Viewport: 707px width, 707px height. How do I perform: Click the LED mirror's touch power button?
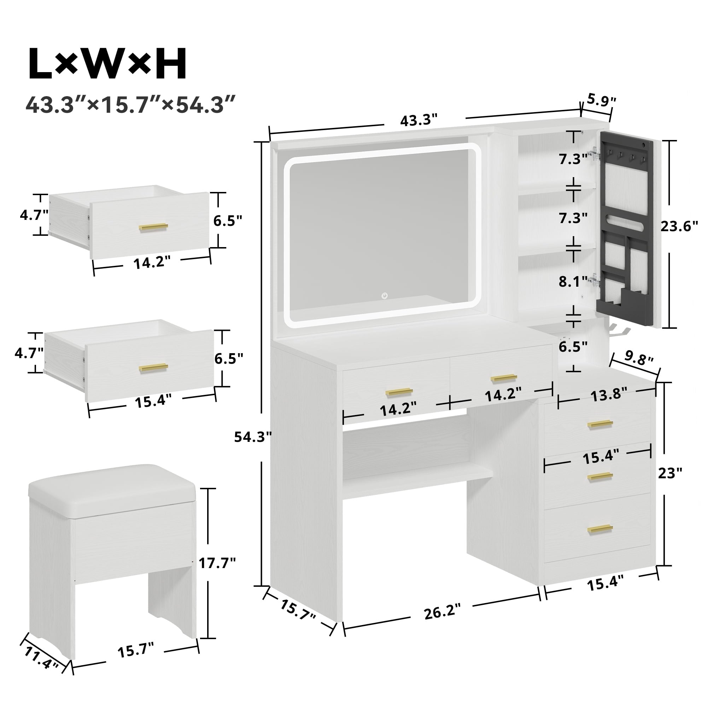(x=385, y=296)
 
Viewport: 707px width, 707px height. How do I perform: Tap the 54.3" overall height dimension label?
(x=253, y=437)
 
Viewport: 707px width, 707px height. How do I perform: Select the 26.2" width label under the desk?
(x=442, y=612)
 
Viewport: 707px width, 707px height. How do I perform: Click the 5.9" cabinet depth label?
(x=602, y=100)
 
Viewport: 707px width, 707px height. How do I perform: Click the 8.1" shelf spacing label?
(x=573, y=281)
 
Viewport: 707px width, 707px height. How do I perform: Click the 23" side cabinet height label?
(x=670, y=473)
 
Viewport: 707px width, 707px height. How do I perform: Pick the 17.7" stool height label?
(x=217, y=562)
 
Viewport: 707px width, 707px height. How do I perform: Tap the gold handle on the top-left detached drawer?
(x=153, y=227)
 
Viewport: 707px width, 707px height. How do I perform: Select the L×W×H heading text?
(x=107, y=64)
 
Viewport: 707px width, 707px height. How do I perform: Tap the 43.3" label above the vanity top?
(x=419, y=121)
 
